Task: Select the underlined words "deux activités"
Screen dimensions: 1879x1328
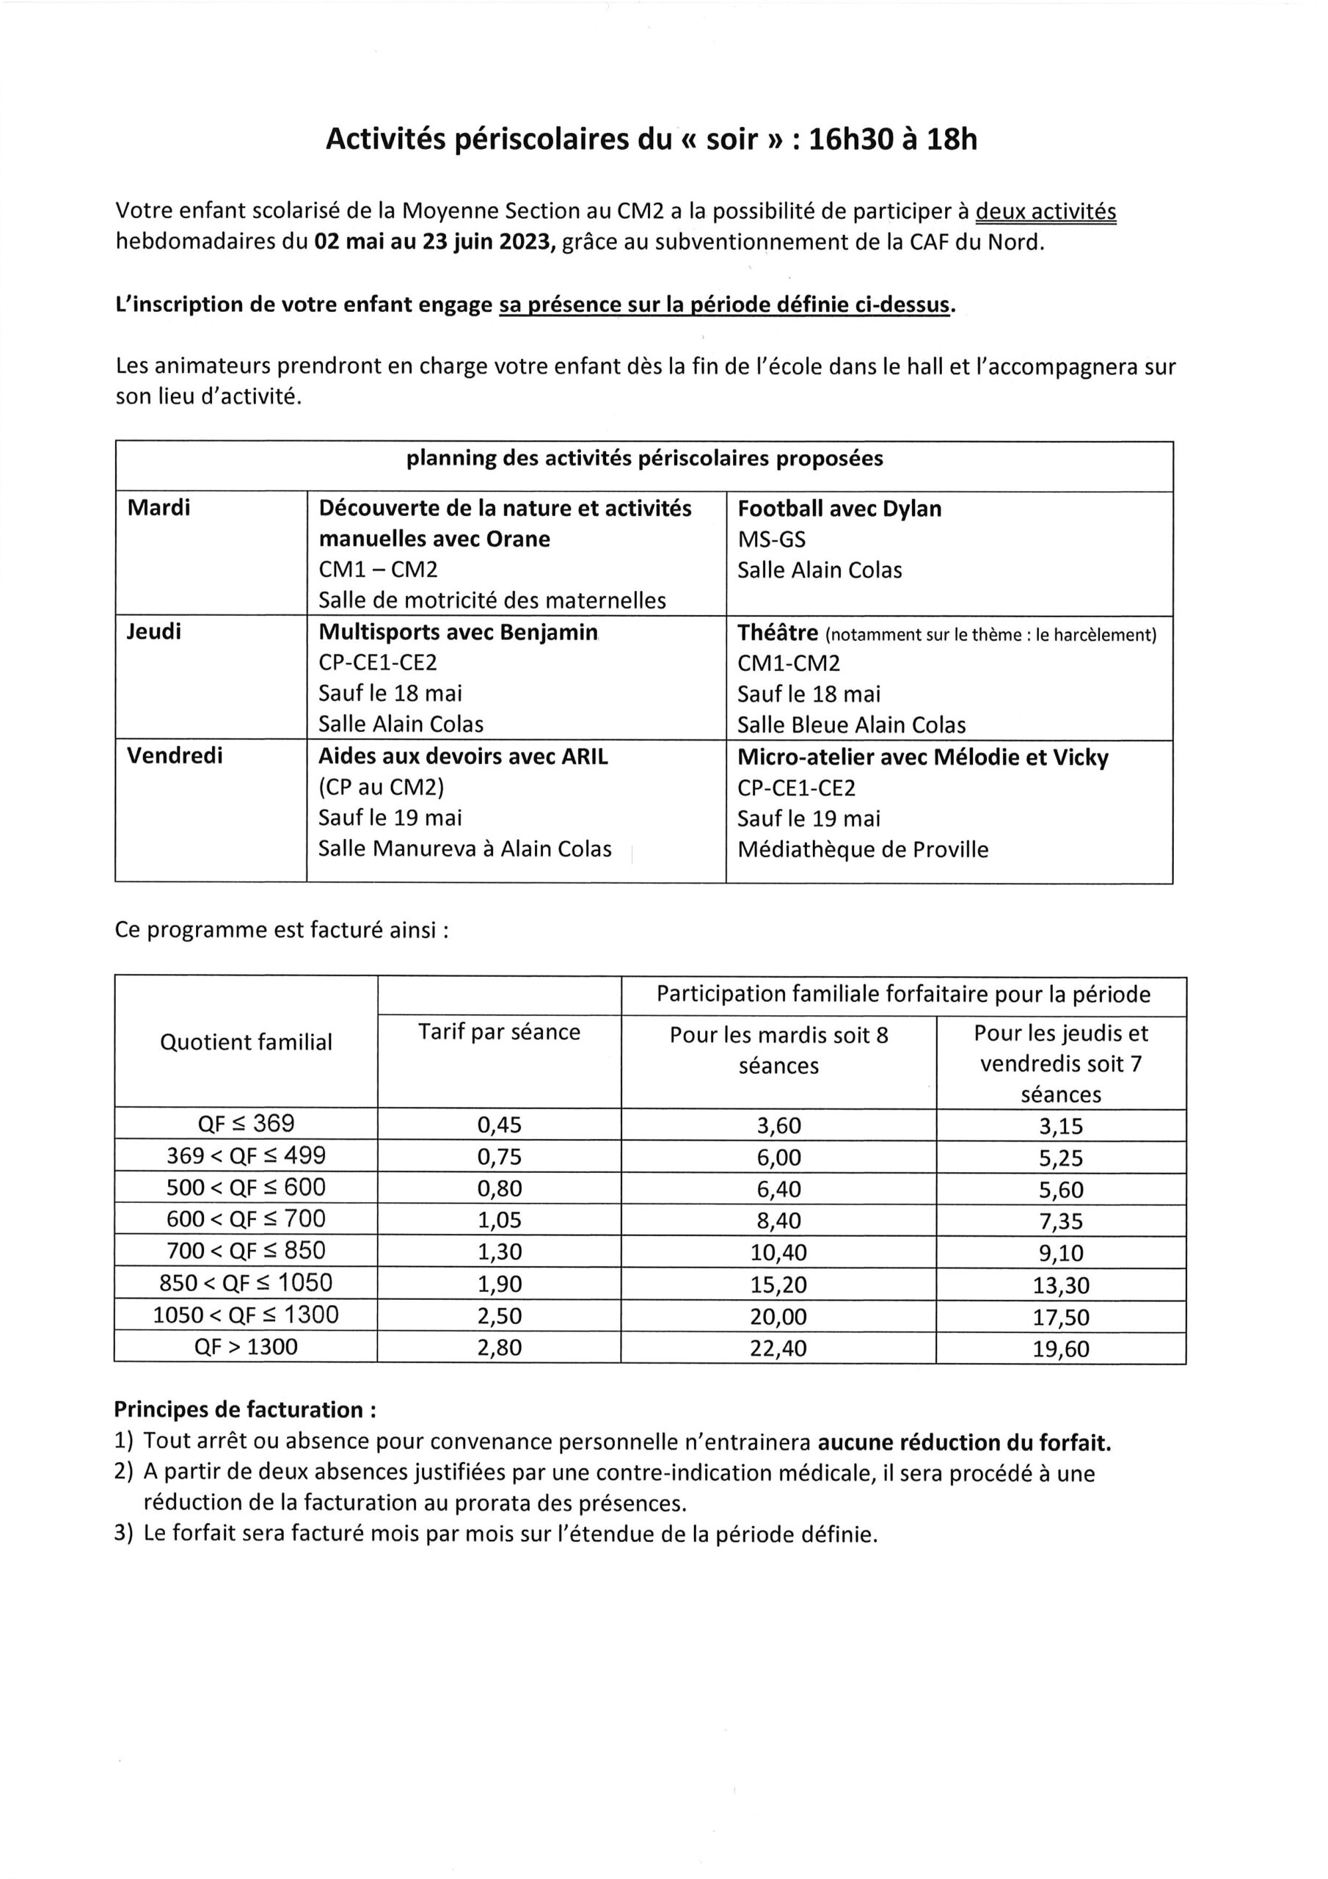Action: click(1046, 211)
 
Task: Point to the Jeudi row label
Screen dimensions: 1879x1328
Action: click(154, 632)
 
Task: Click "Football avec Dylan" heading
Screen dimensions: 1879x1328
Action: click(839, 509)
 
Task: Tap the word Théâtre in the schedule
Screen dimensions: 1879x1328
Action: click(777, 633)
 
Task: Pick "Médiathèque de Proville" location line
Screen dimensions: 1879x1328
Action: click(862, 849)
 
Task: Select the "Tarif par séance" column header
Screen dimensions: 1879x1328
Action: click(499, 1032)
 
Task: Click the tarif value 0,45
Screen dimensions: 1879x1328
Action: click(499, 1125)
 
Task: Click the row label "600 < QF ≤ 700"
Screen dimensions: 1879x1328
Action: click(246, 1219)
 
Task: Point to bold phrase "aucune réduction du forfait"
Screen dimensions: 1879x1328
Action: click(964, 1442)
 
